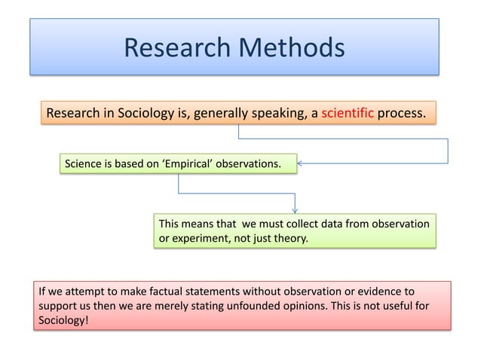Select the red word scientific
pyautogui.click(x=348, y=114)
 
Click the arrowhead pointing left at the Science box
pyautogui.click(x=301, y=163)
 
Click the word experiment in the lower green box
pyautogui.click(x=197, y=239)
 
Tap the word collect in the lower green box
pyautogui.click(x=286, y=224)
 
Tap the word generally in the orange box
pyautogui.click(x=221, y=114)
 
